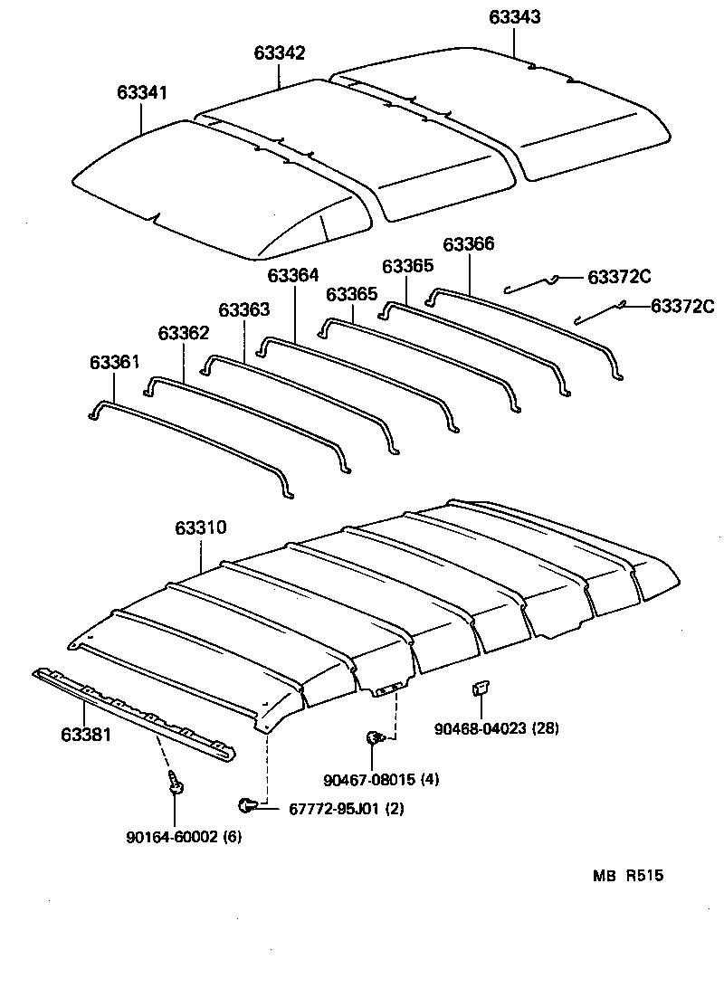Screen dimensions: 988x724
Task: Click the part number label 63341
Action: pos(141,93)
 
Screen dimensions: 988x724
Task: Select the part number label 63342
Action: pos(279,53)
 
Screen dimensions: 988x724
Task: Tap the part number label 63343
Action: pos(515,17)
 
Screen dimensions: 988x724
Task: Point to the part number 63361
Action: pos(114,363)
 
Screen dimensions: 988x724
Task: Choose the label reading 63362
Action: pos(184,334)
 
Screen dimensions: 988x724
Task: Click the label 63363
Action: pos(244,310)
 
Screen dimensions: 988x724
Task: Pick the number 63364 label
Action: pos(293,275)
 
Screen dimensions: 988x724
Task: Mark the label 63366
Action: pos(469,244)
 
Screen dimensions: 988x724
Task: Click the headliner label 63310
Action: pos(201,527)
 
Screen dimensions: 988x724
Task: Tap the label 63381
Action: pos(85,734)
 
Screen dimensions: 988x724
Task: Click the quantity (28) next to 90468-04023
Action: pos(547,728)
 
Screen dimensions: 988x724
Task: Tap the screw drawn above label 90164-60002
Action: pos(176,784)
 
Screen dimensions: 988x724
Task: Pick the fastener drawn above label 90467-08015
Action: pos(373,739)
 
